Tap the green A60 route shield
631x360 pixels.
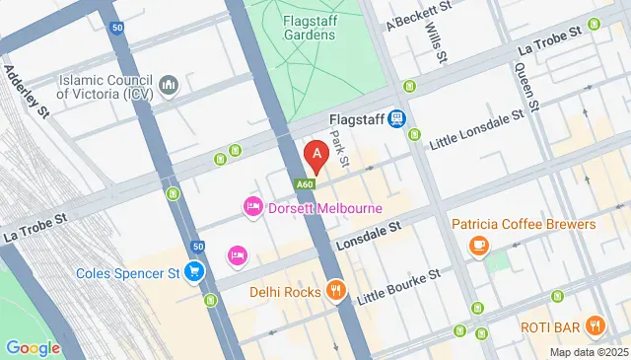tap(306, 183)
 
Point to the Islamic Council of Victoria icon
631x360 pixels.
tap(168, 86)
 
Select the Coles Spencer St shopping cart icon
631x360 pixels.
tap(195, 272)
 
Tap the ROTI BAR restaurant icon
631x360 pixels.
tap(595, 325)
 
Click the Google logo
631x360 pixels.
tap(33, 347)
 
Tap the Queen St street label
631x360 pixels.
tap(524, 86)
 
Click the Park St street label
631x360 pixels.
tap(341, 148)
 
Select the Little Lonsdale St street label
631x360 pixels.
tap(474, 132)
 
